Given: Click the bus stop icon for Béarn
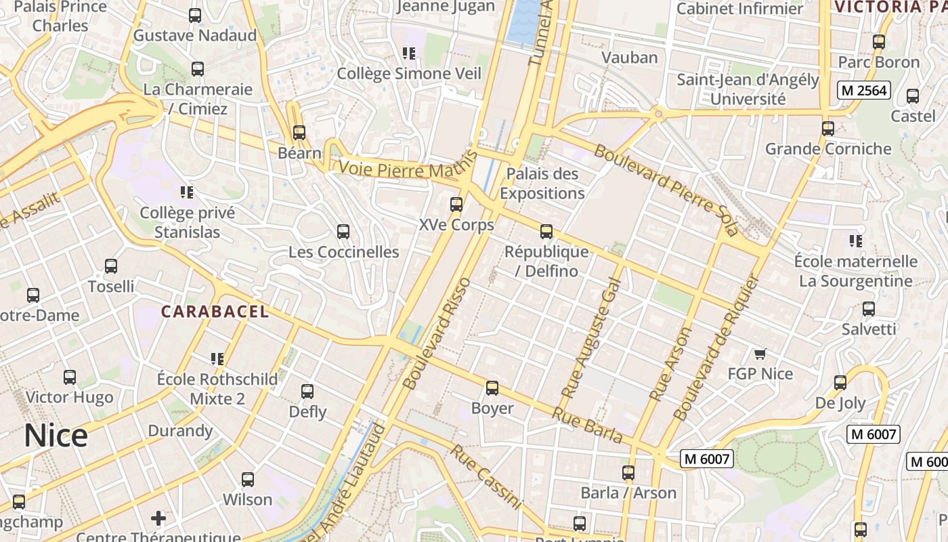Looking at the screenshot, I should pos(299,133).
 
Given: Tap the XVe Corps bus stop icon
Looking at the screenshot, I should pos(456,204).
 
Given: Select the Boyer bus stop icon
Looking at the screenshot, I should pos(492,388).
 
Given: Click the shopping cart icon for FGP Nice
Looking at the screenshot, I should pos(760,354).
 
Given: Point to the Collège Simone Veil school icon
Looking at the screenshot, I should pos(408,53).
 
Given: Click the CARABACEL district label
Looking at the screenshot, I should pos(215,312).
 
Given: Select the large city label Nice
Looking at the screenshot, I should pos(56,436).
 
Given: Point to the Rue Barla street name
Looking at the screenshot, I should pos(587,425).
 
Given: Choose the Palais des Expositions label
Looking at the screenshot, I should pos(542,184).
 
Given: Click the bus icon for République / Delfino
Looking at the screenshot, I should pos(546,232).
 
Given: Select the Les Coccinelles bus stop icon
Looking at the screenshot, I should pos(343,232).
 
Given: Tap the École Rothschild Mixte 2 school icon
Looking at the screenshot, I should pos(217,358).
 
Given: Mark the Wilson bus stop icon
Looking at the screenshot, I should pos(248,480).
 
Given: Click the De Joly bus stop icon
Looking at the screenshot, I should pos(840,383).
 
